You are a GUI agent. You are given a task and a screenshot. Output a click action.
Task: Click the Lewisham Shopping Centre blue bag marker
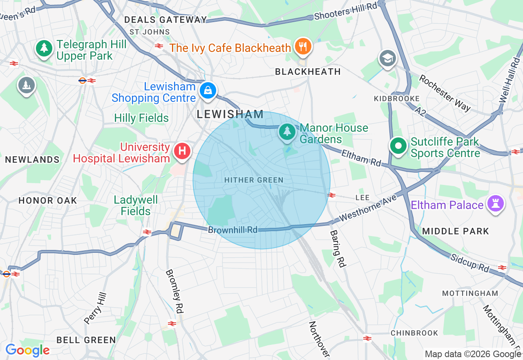[x=208, y=91]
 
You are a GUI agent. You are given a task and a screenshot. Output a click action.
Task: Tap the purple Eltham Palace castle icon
[x=495, y=204]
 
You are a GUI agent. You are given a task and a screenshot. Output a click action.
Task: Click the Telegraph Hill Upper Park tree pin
[x=44, y=49]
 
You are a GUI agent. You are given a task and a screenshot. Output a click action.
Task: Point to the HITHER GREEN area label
[x=254, y=180]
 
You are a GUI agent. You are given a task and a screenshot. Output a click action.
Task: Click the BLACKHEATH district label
[x=308, y=72]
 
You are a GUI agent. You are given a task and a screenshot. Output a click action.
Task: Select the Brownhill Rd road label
[x=232, y=230]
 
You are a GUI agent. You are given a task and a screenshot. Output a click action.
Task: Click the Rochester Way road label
[x=445, y=93]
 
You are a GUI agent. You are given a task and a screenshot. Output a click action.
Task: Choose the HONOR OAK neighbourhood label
[x=47, y=200]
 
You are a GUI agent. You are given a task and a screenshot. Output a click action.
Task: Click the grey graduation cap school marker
[x=387, y=59]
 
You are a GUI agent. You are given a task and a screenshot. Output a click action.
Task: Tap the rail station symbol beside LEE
[x=331, y=195]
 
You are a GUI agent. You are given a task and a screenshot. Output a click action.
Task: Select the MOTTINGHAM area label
[x=470, y=293]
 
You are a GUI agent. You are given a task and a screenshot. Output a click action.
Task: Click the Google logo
[x=27, y=350]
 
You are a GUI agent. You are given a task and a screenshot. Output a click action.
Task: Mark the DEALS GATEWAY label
[x=165, y=20]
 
